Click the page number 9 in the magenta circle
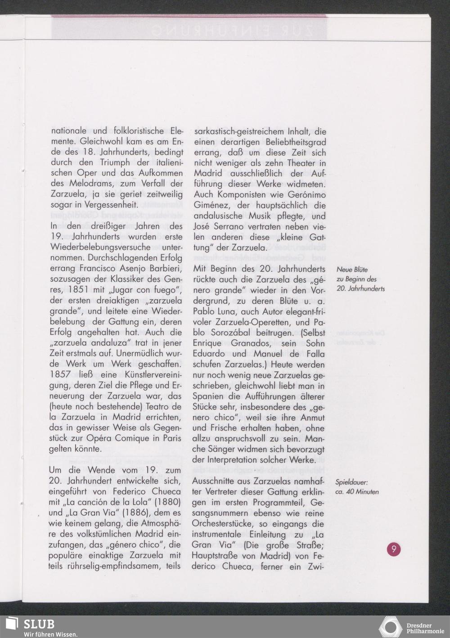click(393, 549)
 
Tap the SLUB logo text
click(39, 624)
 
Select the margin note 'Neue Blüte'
click(352, 270)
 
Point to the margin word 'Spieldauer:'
click(351, 482)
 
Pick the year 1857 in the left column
click(61, 375)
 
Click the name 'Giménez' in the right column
click(210, 206)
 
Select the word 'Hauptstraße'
click(215, 556)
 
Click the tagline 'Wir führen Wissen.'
click(50, 634)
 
